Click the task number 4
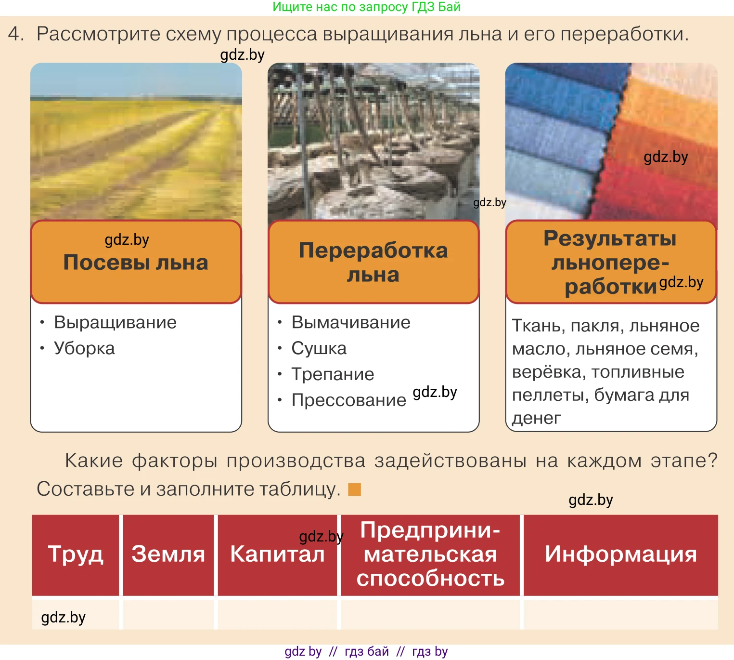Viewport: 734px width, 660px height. pyautogui.click(x=15, y=34)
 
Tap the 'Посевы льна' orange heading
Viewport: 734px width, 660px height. pyautogui.click(x=136, y=263)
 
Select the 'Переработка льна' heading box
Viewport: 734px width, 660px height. pyautogui.click(x=373, y=263)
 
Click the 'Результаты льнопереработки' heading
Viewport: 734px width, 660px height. pyautogui.click(x=610, y=263)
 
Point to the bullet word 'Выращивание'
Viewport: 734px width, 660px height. pyautogui.click(x=115, y=322)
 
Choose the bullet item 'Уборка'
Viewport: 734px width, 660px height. pyautogui.click(x=84, y=348)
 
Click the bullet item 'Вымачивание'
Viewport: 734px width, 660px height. pyautogui.click(x=351, y=322)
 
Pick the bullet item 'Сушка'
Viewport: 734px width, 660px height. pyautogui.click(x=319, y=348)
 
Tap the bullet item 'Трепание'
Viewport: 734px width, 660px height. pyautogui.click(x=333, y=374)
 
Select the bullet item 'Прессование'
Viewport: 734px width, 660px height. pyautogui.click(x=348, y=400)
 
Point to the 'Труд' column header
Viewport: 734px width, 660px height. pyautogui.click(x=76, y=554)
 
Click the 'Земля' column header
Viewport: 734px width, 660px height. pyautogui.click(x=168, y=554)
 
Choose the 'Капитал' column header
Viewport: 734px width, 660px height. pyautogui.click(x=277, y=554)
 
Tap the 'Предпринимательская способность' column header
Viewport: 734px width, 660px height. pyautogui.click(x=430, y=554)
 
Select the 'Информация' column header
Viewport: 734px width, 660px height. pyautogui.click(x=620, y=554)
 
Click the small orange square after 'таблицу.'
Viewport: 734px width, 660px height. pyautogui.click(x=354, y=489)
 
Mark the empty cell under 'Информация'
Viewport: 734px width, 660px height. pyautogui.click(x=620, y=614)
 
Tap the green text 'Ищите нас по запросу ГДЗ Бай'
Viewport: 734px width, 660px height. pyautogui.click(x=366, y=7)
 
